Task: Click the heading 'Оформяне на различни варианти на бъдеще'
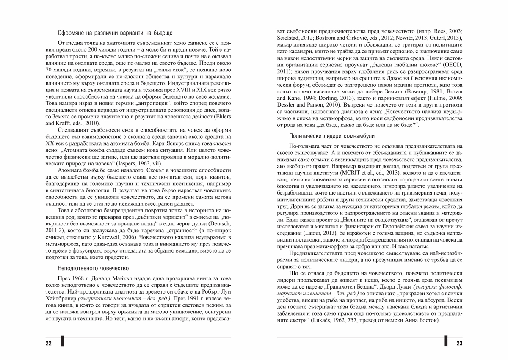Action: [x=114, y=33]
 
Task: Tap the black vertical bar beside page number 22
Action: [x=62, y=342]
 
